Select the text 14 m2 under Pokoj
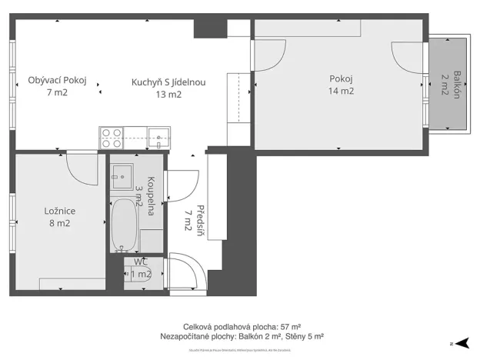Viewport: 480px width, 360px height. pyautogui.click(x=341, y=92)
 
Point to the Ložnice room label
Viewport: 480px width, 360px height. pyautogui.click(x=59, y=211)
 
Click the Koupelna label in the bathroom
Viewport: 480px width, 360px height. pyautogui.click(x=151, y=196)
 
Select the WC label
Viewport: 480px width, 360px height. pyautogui.click(x=141, y=262)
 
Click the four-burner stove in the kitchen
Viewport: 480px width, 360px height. pyautogui.click(x=111, y=138)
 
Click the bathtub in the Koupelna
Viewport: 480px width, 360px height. pyautogui.click(x=124, y=224)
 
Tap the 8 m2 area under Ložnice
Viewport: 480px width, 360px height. pyautogui.click(x=59, y=224)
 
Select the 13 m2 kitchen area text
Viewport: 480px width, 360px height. pyautogui.click(x=168, y=95)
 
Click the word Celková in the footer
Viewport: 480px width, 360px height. pyautogui.click(x=199, y=326)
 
